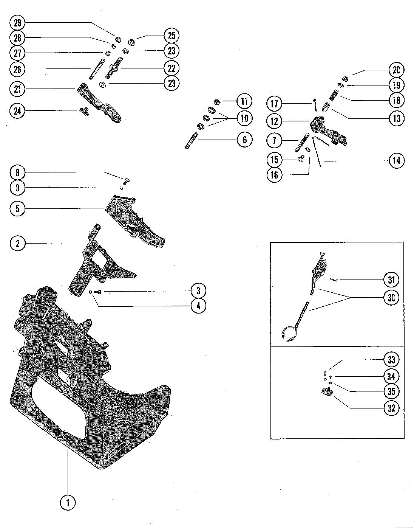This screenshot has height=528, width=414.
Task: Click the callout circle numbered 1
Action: pyautogui.click(x=68, y=503)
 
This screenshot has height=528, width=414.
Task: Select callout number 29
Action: pyautogui.click(x=17, y=23)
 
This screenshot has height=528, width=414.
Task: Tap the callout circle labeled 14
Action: pyautogui.click(x=396, y=161)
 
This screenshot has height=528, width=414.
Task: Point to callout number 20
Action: pyautogui.click(x=396, y=70)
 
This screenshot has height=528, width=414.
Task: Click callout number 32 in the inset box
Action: pyautogui.click(x=391, y=408)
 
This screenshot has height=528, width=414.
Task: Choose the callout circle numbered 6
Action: pyautogui.click(x=244, y=140)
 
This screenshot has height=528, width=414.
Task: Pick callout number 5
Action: pyautogui.click(x=17, y=208)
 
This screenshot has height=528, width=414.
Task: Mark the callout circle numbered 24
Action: pyautogui.click(x=17, y=111)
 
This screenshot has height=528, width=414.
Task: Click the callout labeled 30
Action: pyautogui.click(x=391, y=298)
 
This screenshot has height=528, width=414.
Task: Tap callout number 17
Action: pyautogui.click(x=275, y=103)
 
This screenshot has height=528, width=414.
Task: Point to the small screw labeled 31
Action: pyautogui.click(x=334, y=280)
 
